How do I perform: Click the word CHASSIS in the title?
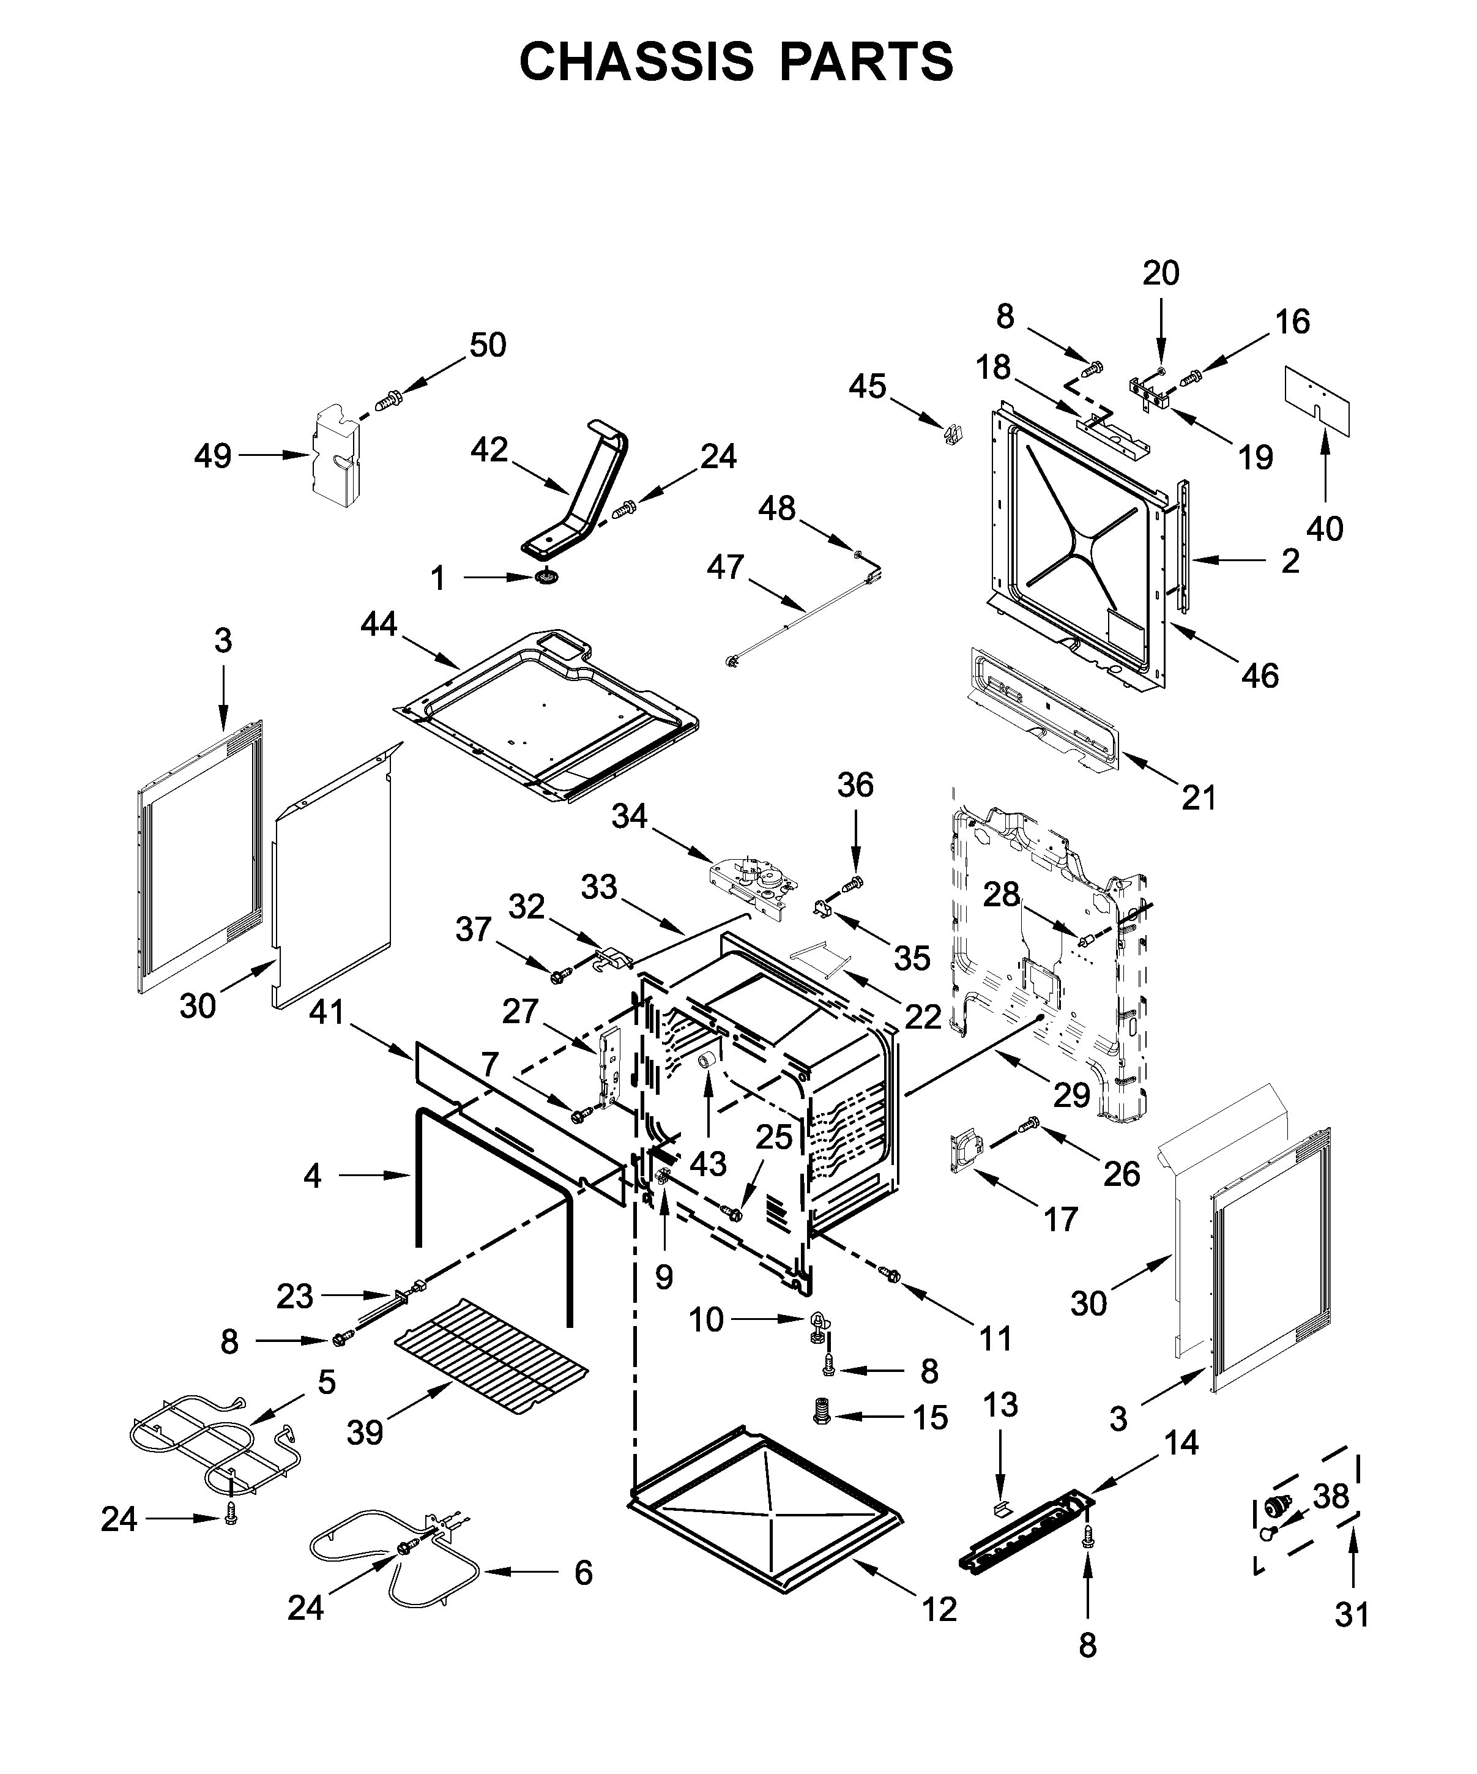pos(635,62)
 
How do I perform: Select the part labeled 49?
pos(336,455)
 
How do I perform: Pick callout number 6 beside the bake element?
pos(582,1573)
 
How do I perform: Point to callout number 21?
pos(1199,797)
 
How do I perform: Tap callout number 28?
pos(1002,894)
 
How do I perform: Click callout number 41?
pos(327,1011)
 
